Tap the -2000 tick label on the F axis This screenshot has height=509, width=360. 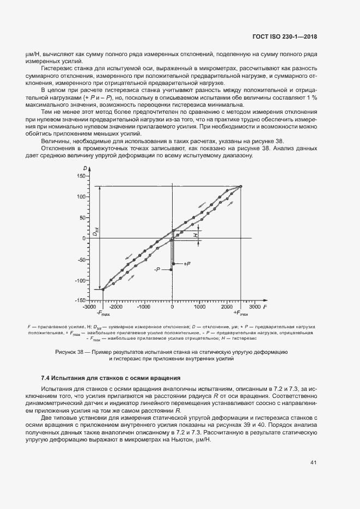[x=116, y=307]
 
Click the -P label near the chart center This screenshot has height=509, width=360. [x=158, y=269]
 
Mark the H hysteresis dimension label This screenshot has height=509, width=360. [x=196, y=235]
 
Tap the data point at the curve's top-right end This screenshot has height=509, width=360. [x=241, y=186]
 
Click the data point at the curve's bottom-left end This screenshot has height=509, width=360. [x=102, y=289]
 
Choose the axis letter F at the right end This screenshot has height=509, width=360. [x=265, y=307]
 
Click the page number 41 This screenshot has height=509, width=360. [x=313, y=463]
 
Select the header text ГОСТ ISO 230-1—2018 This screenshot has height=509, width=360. [x=285, y=37]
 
